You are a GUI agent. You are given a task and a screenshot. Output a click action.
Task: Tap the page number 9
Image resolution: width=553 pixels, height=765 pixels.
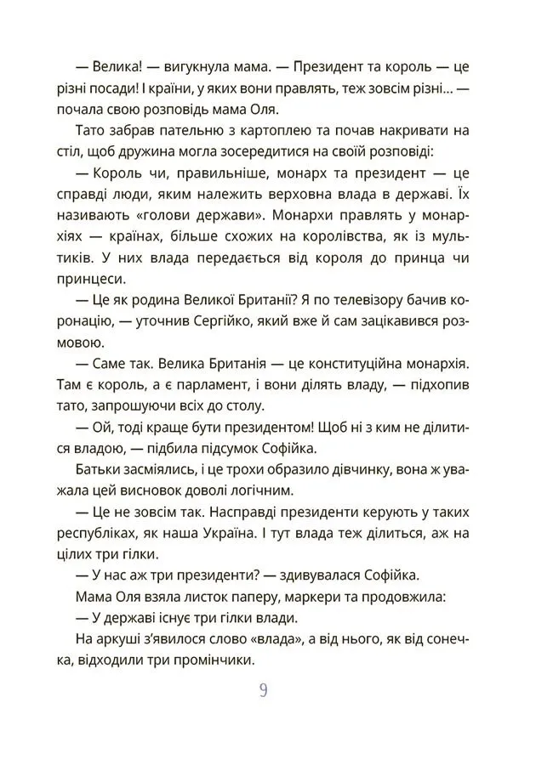point(264,689)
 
